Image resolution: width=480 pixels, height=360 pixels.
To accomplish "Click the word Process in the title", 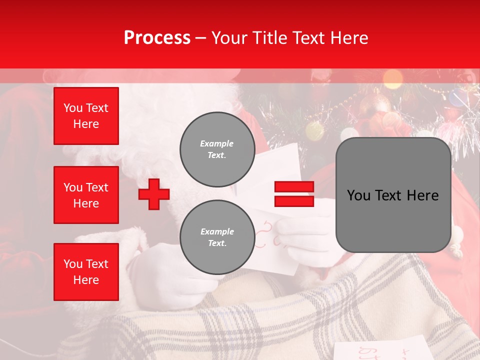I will (157, 38).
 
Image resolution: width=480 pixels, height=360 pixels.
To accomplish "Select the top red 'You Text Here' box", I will (86, 116).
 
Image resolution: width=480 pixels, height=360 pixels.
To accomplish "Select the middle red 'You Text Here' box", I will (86, 195).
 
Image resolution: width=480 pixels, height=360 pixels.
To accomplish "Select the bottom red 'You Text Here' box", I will (86, 272).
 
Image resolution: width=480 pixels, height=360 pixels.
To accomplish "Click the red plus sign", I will (154, 194).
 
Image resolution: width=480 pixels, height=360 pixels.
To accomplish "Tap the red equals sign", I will (294, 194).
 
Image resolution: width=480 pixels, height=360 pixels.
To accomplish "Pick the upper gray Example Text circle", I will (217, 149).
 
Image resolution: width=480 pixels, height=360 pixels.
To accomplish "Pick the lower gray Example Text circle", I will (217, 237).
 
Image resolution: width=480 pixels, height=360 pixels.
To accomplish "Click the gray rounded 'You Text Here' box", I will (393, 195).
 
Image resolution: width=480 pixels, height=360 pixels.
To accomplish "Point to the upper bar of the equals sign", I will (294, 187).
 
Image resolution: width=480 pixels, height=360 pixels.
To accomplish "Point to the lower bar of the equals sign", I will (294, 201).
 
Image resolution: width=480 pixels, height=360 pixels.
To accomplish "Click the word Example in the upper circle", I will (217, 143).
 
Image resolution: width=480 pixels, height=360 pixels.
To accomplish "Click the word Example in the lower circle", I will (217, 231).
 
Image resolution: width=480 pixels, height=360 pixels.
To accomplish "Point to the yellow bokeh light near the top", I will (392, 78).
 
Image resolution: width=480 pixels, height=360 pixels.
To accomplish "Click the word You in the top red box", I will (73, 108).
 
